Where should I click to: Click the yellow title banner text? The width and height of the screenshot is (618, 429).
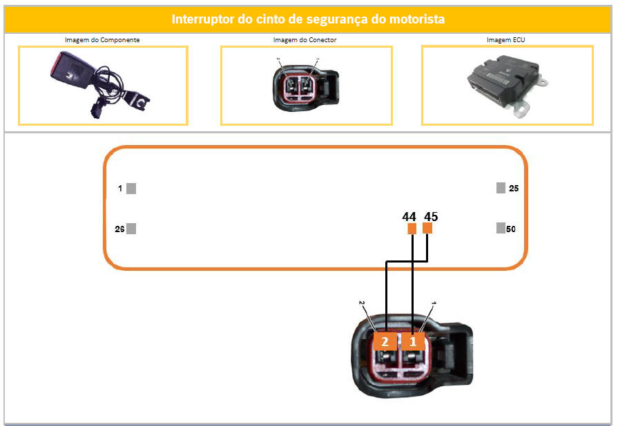[308, 19]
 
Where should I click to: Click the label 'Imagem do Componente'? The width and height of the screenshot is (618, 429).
[102, 40]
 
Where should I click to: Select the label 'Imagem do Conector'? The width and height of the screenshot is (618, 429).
[305, 40]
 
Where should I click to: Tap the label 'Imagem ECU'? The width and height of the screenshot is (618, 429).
[505, 40]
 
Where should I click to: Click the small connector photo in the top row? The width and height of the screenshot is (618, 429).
[306, 86]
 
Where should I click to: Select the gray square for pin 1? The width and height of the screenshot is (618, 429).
[131, 189]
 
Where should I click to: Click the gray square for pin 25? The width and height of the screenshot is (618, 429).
[501, 188]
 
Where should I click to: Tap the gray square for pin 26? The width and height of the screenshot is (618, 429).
[131, 229]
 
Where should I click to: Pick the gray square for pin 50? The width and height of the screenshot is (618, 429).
[501, 228]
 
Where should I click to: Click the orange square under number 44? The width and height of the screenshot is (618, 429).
[412, 228]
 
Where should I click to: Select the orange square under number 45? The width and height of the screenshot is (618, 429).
[427, 228]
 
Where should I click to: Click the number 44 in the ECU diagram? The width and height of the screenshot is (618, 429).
[409, 216]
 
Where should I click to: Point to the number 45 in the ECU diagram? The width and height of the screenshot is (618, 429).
[431, 216]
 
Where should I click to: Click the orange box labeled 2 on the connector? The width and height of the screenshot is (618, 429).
[385, 341]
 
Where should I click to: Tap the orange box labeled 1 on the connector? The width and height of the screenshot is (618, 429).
[413, 341]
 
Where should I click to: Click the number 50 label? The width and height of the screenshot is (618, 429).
[511, 229]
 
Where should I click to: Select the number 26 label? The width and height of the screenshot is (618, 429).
[119, 229]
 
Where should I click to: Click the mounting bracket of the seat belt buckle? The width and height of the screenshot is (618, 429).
[137, 101]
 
